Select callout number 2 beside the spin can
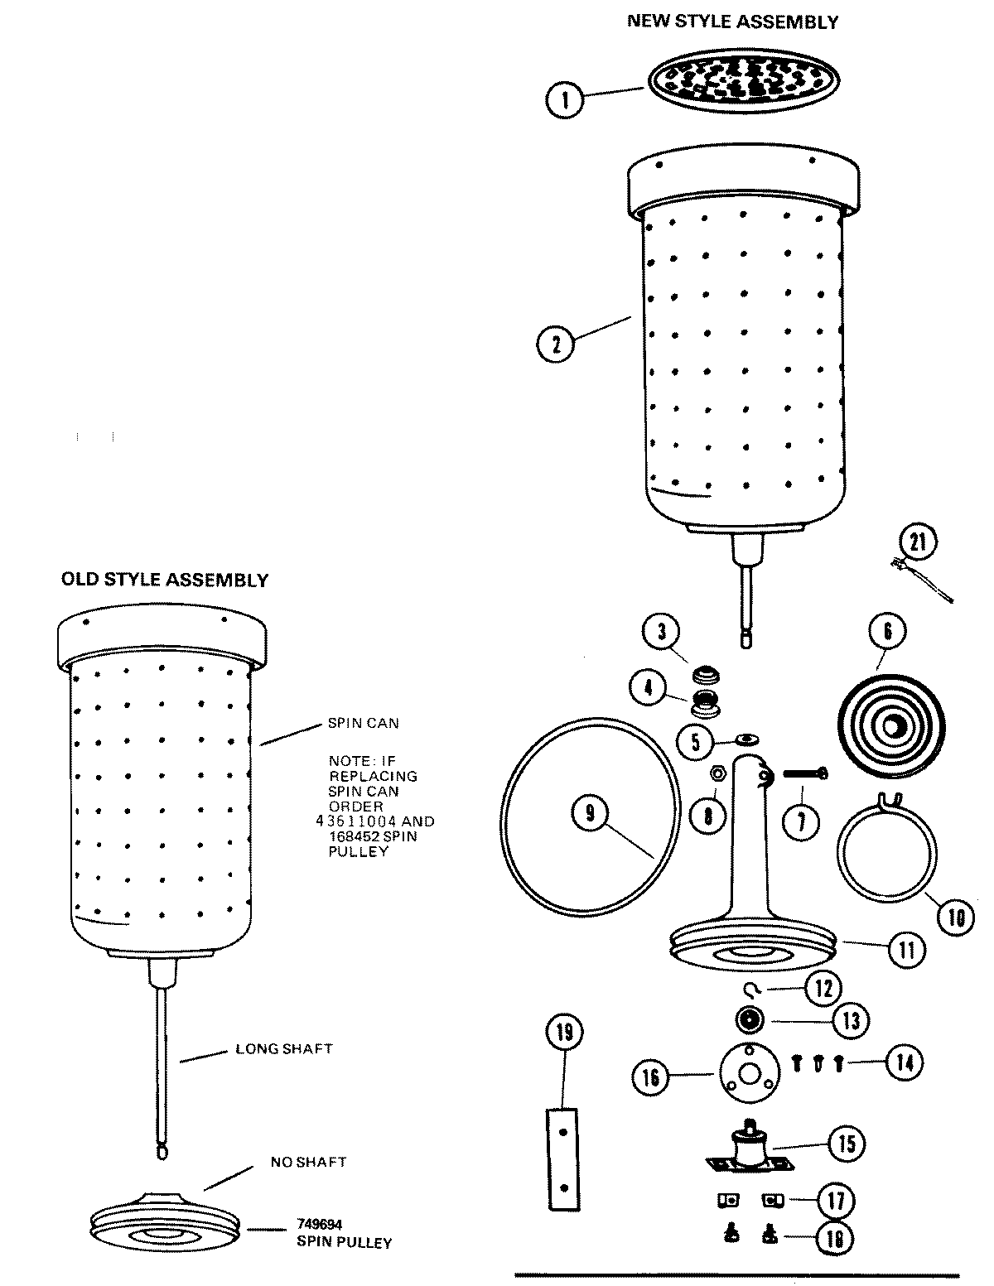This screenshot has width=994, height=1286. pos(556,343)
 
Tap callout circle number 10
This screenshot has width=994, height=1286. pos(956,917)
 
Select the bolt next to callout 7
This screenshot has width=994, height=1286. pos(800,774)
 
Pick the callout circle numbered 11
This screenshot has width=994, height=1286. pos(906,949)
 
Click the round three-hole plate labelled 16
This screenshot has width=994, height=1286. pos(750,1075)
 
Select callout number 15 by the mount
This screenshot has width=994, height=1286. pos(845,1144)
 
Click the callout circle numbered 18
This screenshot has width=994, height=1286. pos(835,1238)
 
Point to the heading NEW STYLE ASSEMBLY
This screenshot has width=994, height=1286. pos(732,22)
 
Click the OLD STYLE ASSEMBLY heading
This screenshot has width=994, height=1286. pos(165,580)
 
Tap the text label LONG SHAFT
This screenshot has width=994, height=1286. pos(284,1048)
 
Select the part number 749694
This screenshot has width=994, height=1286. pos(320,1223)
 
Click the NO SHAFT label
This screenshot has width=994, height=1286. pos(308,1162)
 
